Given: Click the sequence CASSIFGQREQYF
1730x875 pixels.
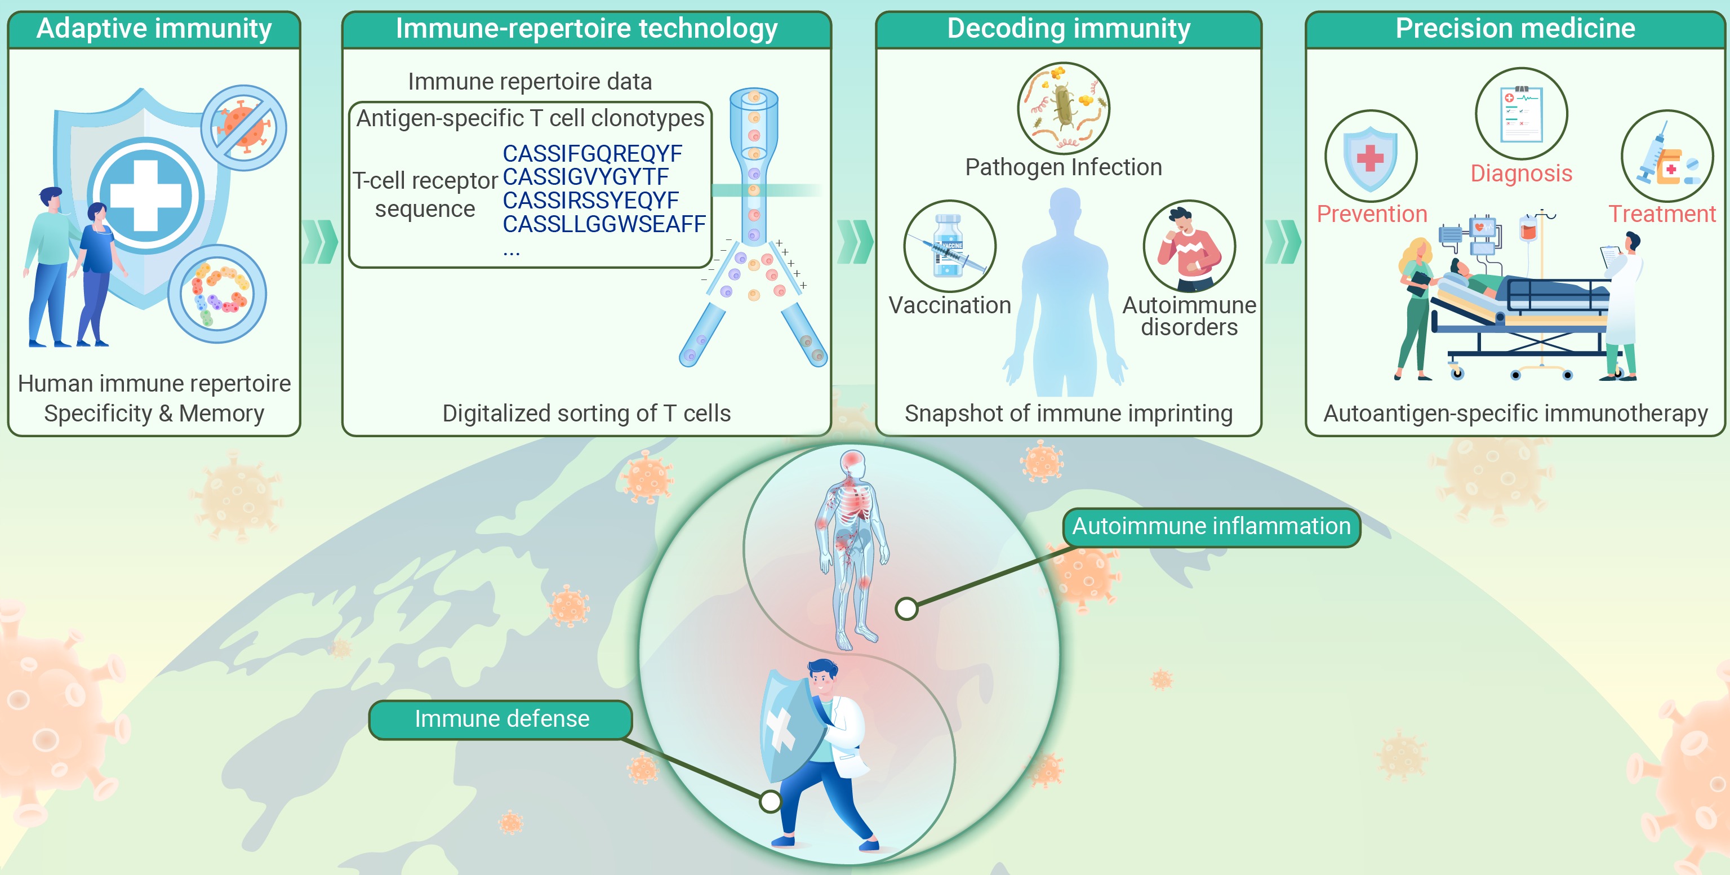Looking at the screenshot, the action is pos(592,154).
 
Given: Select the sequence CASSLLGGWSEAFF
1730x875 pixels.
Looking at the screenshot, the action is pos(604,224).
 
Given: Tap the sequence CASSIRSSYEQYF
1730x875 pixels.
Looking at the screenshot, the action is pos(591,201).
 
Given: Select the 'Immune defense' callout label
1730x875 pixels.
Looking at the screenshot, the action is pos(501,719).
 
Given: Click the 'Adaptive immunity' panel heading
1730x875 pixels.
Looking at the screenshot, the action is pos(154,29).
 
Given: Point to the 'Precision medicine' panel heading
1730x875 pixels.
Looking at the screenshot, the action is pos(1515,29).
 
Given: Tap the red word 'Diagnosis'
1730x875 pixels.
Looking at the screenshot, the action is pos(1521,174).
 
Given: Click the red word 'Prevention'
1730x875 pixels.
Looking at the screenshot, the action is pos(1371,214).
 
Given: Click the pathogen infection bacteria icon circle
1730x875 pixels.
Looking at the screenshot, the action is pos(1063,108).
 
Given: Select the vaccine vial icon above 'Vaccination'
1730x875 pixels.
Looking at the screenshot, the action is pos(950,246).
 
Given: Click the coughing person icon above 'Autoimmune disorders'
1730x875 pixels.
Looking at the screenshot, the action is pos(1189,246).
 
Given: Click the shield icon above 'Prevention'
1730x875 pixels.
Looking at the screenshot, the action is pos(1371,156).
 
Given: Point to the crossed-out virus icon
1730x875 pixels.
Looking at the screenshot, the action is pos(244,127).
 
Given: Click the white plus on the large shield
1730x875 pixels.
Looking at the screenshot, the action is pos(146,196).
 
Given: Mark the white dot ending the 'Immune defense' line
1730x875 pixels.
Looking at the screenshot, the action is pos(770,801).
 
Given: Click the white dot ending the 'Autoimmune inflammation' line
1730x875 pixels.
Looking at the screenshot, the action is pos(906,608).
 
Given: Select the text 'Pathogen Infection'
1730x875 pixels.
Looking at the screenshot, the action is pos(1063,167).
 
